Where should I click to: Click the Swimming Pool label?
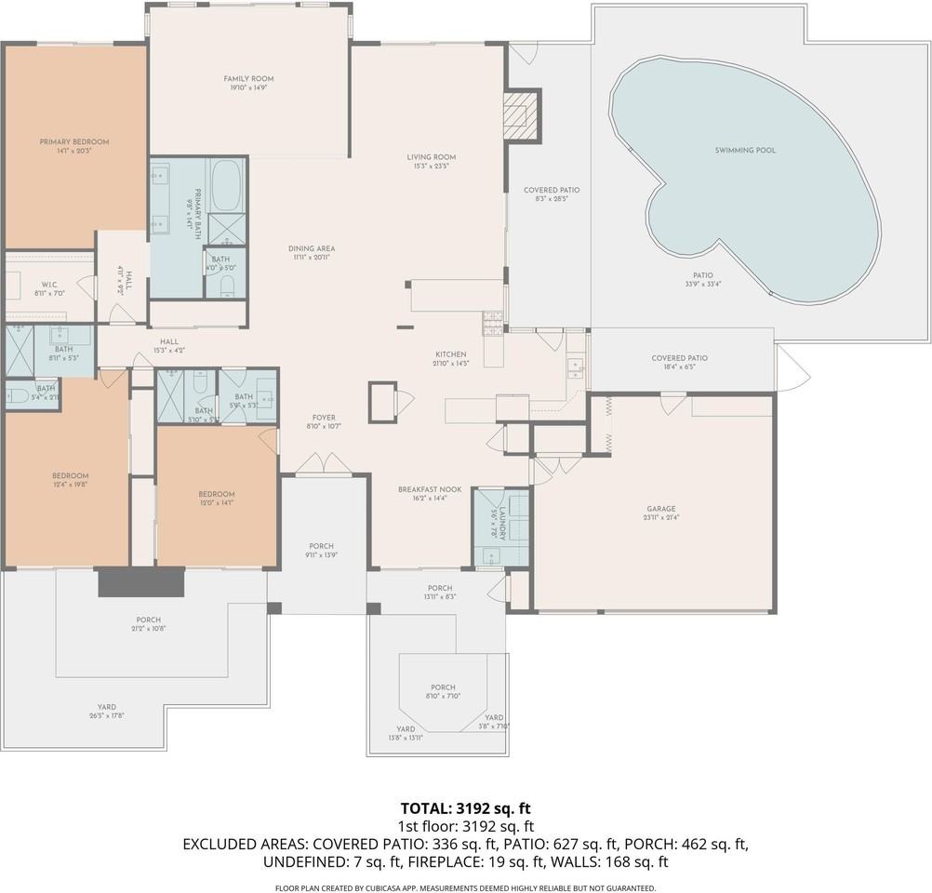tap(745, 150)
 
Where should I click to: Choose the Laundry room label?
tap(499, 522)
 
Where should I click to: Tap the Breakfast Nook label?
tap(423, 494)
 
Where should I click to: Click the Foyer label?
tap(324, 422)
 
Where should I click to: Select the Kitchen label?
tap(451, 359)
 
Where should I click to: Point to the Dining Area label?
tap(311, 253)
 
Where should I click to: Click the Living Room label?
tap(431, 162)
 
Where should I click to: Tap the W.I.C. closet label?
tap(50, 288)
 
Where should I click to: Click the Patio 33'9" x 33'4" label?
tap(702, 280)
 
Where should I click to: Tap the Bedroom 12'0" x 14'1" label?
tap(216, 499)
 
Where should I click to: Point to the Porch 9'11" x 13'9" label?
tap(322, 551)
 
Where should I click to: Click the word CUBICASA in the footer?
tap(407, 888)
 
